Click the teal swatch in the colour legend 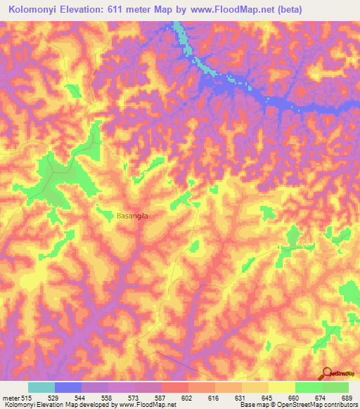(41, 387)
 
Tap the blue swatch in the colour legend (68, 387)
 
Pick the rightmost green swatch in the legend (335, 387)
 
